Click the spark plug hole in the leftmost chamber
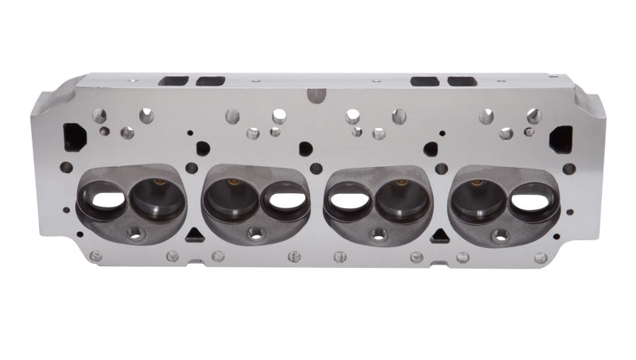[x=134, y=234]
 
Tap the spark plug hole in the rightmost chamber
[x=500, y=234]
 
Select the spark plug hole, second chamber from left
[x=255, y=234]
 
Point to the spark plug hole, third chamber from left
[x=380, y=234]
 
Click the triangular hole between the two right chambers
[x=440, y=235]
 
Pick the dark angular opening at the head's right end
[x=560, y=137]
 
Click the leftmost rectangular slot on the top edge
[x=173, y=81]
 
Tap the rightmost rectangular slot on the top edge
[x=462, y=81]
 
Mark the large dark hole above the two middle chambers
[x=306, y=149]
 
